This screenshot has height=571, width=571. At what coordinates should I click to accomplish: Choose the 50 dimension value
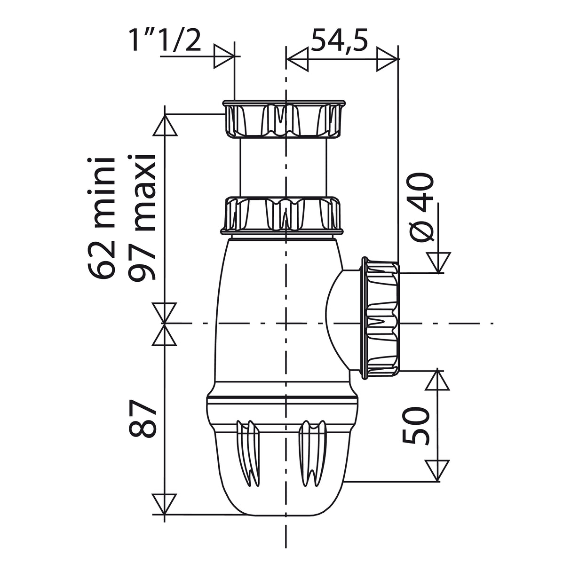click(x=417, y=426)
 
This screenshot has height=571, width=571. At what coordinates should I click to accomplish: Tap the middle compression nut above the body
click(x=284, y=215)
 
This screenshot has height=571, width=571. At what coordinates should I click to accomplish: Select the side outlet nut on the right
click(x=381, y=318)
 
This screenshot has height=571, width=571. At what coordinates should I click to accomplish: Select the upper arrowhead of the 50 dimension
click(x=437, y=380)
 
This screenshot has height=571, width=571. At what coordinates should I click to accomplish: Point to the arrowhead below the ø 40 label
click(x=438, y=262)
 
